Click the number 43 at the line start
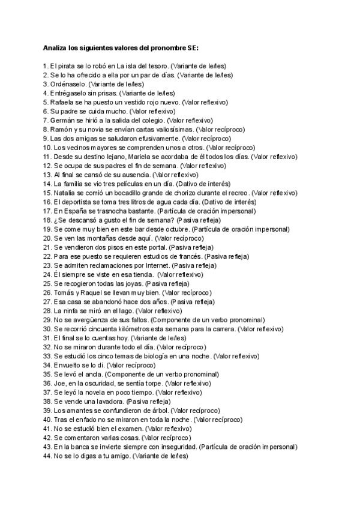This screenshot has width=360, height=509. [x=47, y=447]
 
